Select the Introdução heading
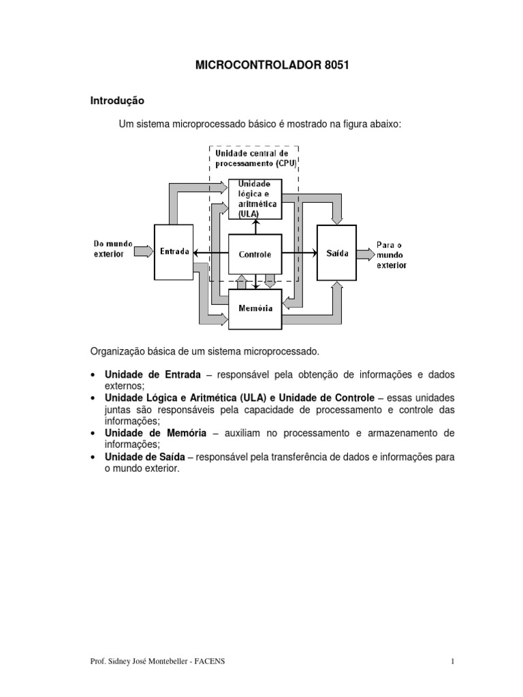(x=118, y=100)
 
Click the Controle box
(x=255, y=254)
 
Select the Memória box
(x=255, y=308)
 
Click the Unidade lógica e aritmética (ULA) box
(x=255, y=199)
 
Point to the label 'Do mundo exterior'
(x=112, y=248)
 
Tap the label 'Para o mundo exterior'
(x=391, y=254)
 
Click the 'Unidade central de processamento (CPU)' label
(x=252, y=159)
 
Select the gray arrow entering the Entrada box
(x=144, y=252)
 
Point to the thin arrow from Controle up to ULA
(x=256, y=227)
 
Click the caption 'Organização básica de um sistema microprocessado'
(x=204, y=351)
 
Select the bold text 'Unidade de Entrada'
(x=153, y=375)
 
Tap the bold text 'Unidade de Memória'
(x=155, y=433)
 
